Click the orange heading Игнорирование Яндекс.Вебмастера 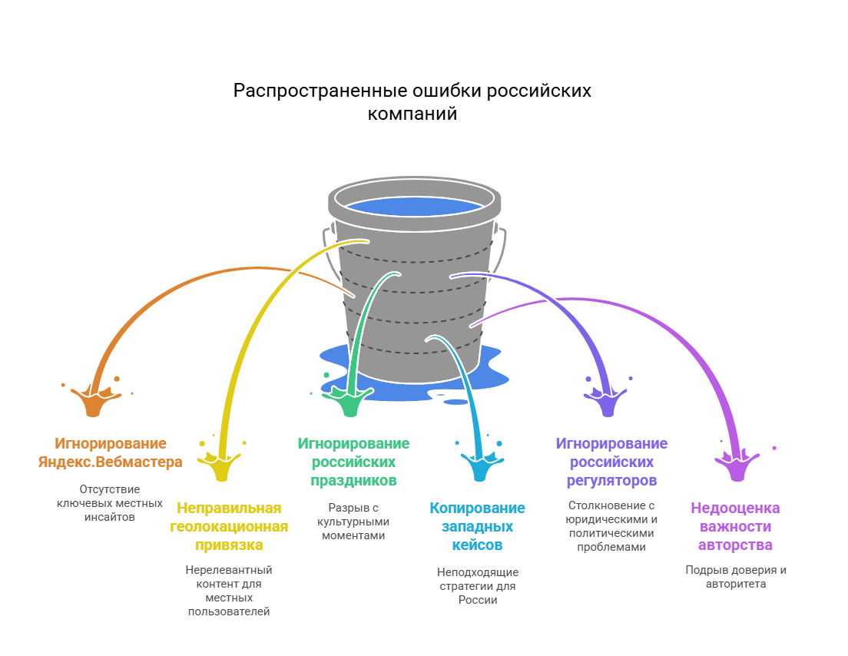(x=110, y=452)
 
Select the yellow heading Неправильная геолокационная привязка (x=229, y=526)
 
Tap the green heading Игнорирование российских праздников (x=353, y=462)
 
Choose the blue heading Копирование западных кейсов (x=477, y=526)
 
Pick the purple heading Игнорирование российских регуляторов (x=611, y=462)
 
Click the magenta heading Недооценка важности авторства (x=735, y=526)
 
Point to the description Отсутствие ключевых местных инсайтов (x=110, y=502)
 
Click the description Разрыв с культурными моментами (x=353, y=521)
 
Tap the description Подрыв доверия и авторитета (x=735, y=576)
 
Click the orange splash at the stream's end (x=94, y=401)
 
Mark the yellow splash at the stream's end (x=221, y=465)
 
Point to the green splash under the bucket (x=349, y=401)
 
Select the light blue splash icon (x=479, y=465)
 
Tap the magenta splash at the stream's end (x=737, y=465)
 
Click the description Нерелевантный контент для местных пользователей (x=229, y=590)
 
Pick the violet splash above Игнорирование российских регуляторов (x=607, y=401)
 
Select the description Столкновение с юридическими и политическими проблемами (x=611, y=526)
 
